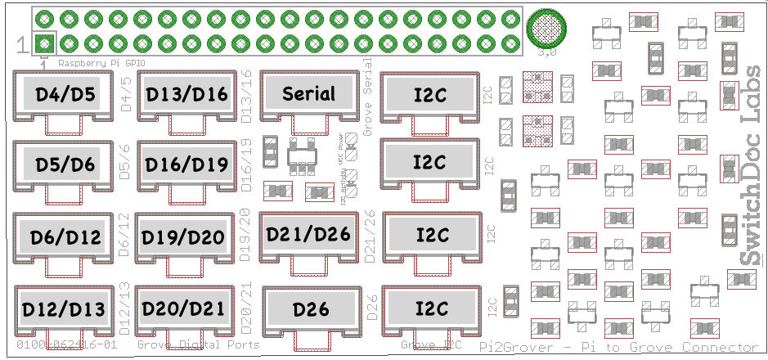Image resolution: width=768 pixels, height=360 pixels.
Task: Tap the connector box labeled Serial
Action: click(308, 94)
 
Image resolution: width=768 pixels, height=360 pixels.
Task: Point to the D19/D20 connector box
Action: click(183, 236)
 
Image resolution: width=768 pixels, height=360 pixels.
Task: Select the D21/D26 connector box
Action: click(308, 233)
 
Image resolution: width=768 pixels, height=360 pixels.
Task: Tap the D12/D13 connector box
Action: click(63, 309)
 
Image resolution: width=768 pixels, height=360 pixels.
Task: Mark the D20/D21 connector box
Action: click(183, 308)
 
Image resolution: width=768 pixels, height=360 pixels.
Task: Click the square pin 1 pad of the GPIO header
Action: click(46, 43)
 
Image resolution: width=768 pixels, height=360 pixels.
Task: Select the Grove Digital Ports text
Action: click(198, 345)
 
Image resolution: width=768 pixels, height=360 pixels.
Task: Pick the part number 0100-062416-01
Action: click(67, 345)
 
